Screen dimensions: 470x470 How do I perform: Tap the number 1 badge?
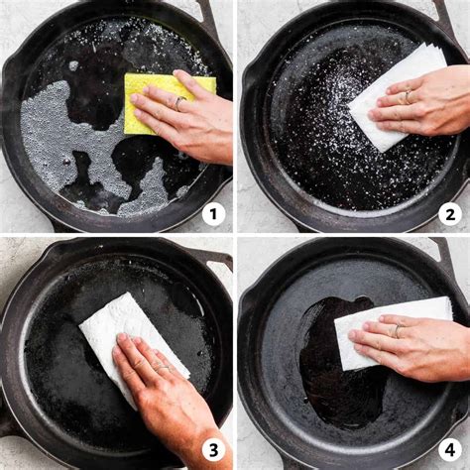[x=213, y=214]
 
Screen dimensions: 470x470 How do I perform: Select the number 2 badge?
[x=450, y=214]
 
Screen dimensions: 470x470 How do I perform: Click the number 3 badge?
[x=213, y=450]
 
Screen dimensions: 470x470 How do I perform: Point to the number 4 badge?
[x=450, y=450]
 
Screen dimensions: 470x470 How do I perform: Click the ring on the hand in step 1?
[x=178, y=102]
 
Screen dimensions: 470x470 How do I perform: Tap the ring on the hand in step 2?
[x=408, y=97]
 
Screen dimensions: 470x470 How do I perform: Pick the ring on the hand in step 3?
[x=162, y=367]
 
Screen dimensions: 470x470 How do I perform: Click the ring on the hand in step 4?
[x=398, y=331]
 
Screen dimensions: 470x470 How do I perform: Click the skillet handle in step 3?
[x=216, y=260]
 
